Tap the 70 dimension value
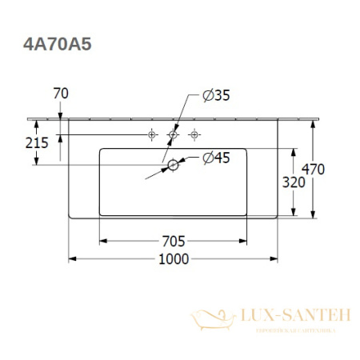(59, 94)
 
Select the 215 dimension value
(36, 143)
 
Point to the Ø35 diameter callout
(215, 95)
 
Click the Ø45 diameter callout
(215, 158)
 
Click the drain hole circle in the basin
(172, 166)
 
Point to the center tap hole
(172, 135)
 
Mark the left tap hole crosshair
(152, 135)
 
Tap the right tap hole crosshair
(193, 135)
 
